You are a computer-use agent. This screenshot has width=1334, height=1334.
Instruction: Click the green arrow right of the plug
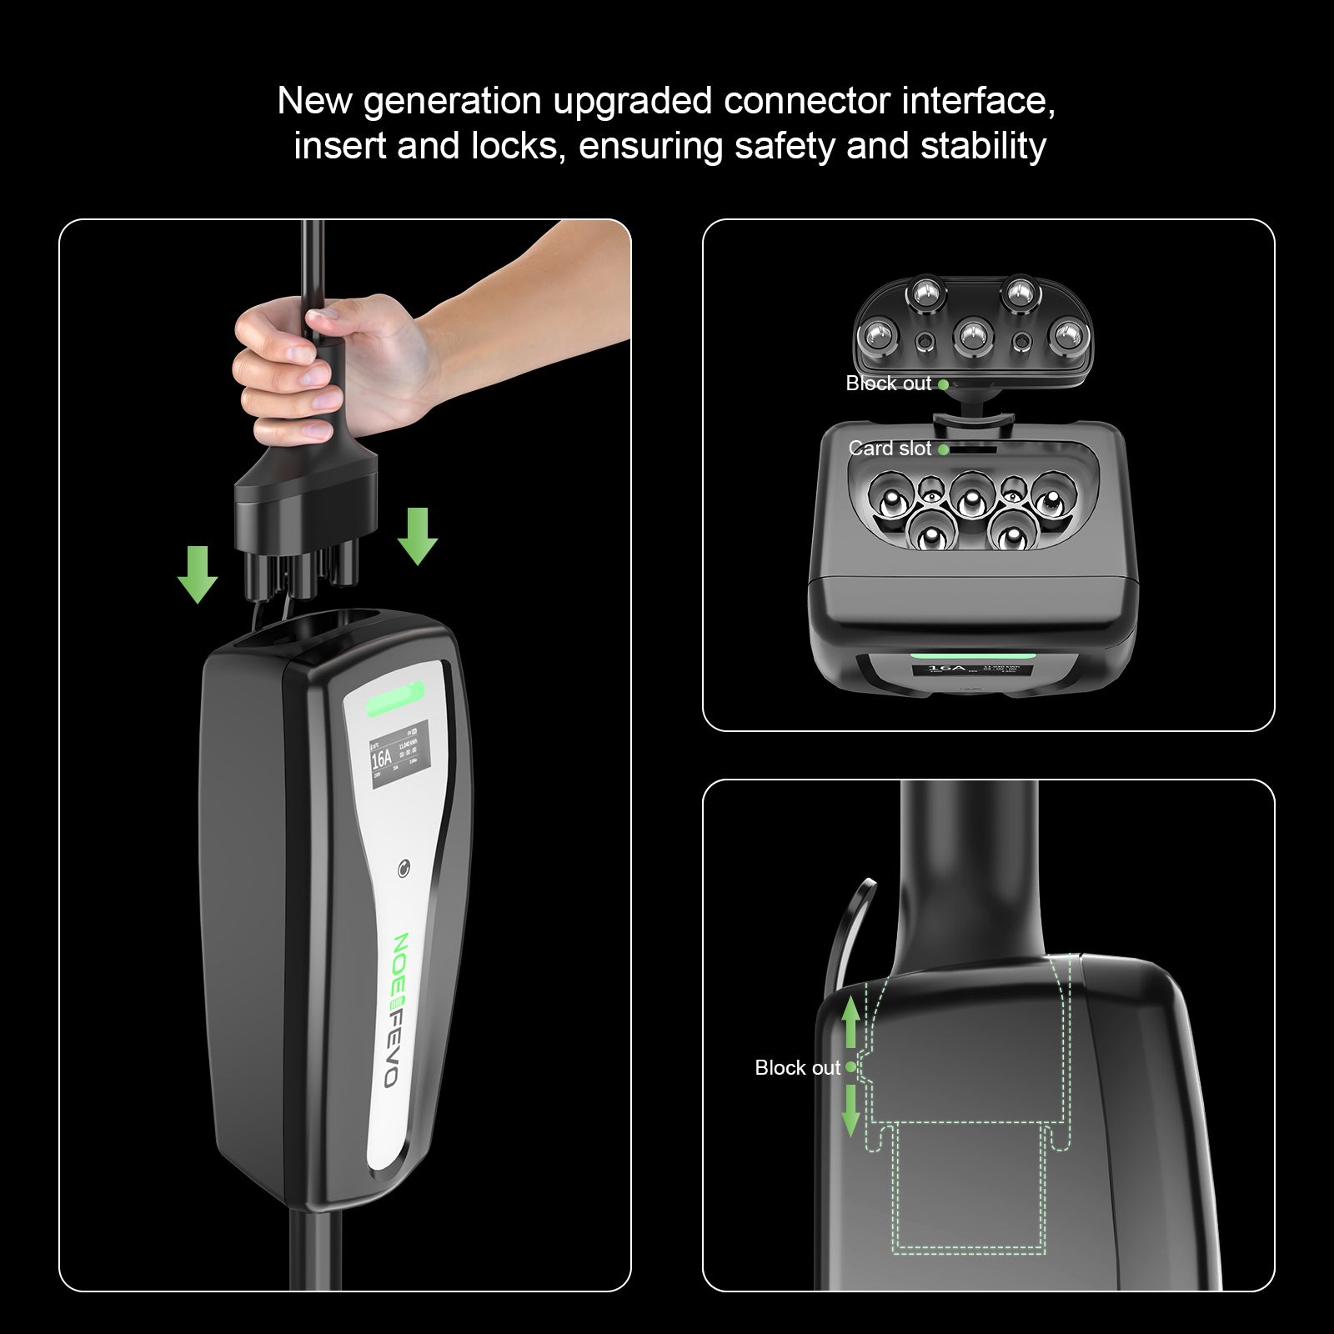point(417,535)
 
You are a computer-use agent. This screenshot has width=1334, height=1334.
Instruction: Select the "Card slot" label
point(889,449)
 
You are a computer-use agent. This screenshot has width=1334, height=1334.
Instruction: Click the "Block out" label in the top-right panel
point(888,384)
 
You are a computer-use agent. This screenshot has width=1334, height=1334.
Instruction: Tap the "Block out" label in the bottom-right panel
point(797,1068)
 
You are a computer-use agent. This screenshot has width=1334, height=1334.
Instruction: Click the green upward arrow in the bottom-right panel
point(851,1026)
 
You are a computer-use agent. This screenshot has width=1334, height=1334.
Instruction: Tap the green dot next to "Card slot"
point(943,449)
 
